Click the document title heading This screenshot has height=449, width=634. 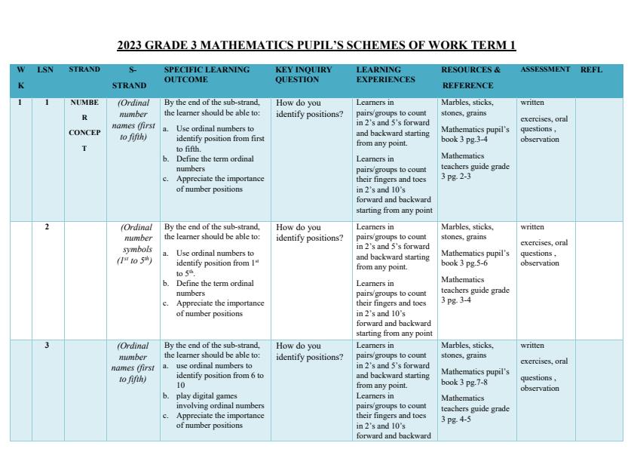click(317, 45)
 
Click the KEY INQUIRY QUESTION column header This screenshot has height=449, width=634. click(303, 75)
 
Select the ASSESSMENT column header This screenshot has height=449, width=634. click(545, 69)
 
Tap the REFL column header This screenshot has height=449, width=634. click(591, 69)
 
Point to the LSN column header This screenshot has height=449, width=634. click(45, 69)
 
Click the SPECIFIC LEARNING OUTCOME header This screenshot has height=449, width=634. click(207, 75)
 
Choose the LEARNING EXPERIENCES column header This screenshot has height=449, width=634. click(385, 75)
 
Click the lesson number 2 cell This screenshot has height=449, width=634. click(47, 227)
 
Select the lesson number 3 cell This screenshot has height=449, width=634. click(47, 346)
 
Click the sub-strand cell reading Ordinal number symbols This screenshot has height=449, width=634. click(136, 244)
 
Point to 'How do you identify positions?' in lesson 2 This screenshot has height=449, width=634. click(309, 232)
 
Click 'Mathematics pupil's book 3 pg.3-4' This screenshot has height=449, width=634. click(475, 134)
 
